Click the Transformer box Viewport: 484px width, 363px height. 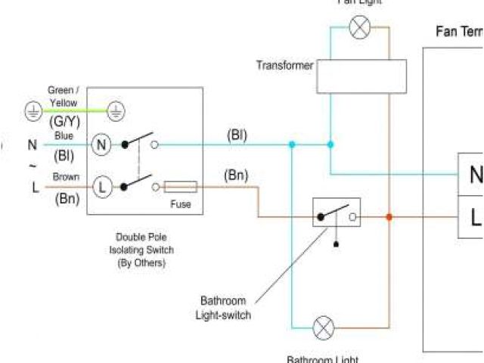(361, 76)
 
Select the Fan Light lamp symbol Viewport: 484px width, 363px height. (360, 28)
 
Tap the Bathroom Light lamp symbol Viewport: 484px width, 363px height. (324, 327)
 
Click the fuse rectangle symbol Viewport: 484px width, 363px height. (181, 186)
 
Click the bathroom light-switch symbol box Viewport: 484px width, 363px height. (336, 213)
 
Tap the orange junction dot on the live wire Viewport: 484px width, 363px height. (389, 217)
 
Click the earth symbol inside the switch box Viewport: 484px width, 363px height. (115, 112)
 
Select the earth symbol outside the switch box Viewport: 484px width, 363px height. (33, 112)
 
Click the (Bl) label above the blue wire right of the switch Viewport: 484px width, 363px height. (237, 135)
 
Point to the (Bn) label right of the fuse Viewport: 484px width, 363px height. (236, 176)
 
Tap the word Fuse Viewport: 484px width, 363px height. (180, 204)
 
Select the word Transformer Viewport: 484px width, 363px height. (284, 66)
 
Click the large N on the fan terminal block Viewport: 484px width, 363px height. (476, 175)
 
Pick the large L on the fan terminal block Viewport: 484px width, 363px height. (476, 218)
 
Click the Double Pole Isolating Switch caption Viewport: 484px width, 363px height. (144, 250)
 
